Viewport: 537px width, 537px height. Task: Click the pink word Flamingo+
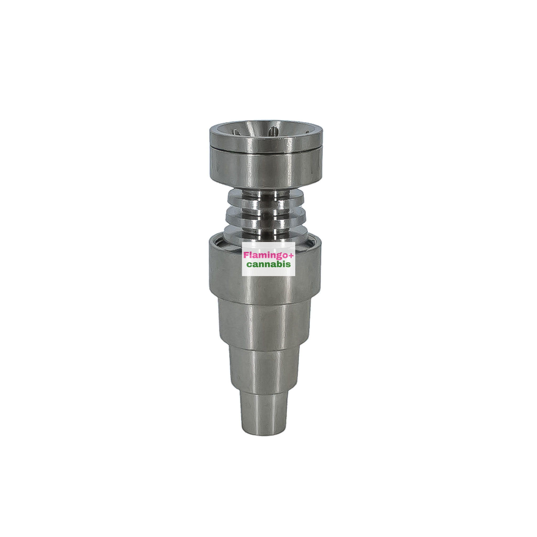pyautogui.click(x=268, y=255)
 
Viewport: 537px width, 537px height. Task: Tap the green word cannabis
pyautogui.click(x=268, y=264)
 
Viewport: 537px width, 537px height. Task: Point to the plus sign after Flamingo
pyautogui.click(x=291, y=255)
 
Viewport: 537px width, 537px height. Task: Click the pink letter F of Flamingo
pyautogui.click(x=246, y=255)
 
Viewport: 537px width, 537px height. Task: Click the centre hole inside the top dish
pyautogui.click(x=273, y=131)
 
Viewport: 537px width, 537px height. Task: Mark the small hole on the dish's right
pyautogui.click(x=307, y=132)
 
